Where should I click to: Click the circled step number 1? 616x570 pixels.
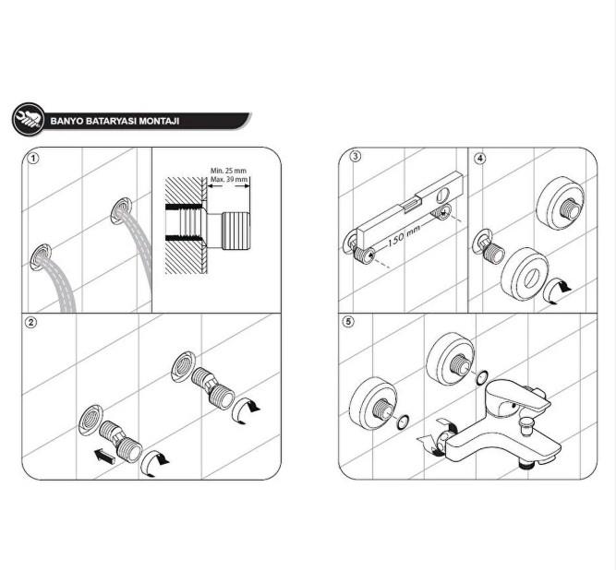(34, 159)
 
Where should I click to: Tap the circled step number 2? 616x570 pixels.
(30, 323)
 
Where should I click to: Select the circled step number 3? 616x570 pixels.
(356, 156)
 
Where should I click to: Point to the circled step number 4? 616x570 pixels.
(480, 158)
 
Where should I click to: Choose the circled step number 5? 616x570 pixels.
(348, 322)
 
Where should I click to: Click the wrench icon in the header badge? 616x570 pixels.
(29, 119)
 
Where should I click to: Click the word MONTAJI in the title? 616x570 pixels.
(159, 121)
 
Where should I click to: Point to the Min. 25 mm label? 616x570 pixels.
(228, 171)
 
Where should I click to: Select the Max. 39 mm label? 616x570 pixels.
(229, 179)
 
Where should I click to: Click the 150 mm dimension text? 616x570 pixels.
(404, 234)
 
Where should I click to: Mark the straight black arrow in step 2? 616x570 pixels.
(105, 457)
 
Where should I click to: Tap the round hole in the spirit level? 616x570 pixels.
(443, 194)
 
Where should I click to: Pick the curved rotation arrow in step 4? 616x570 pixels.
(558, 291)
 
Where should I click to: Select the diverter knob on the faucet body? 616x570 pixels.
(525, 426)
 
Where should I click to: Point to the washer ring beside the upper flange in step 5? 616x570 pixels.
(482, 377)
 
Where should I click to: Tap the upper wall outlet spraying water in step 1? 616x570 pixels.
(121, 210)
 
